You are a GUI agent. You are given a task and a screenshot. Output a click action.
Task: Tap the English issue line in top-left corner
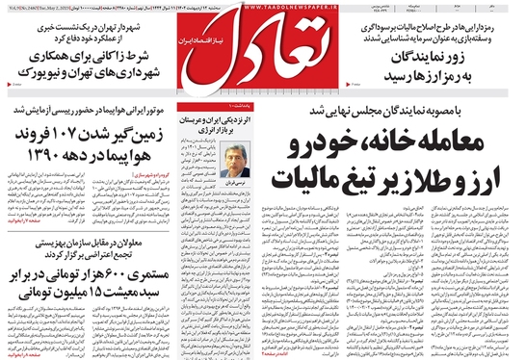pos(43,10)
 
